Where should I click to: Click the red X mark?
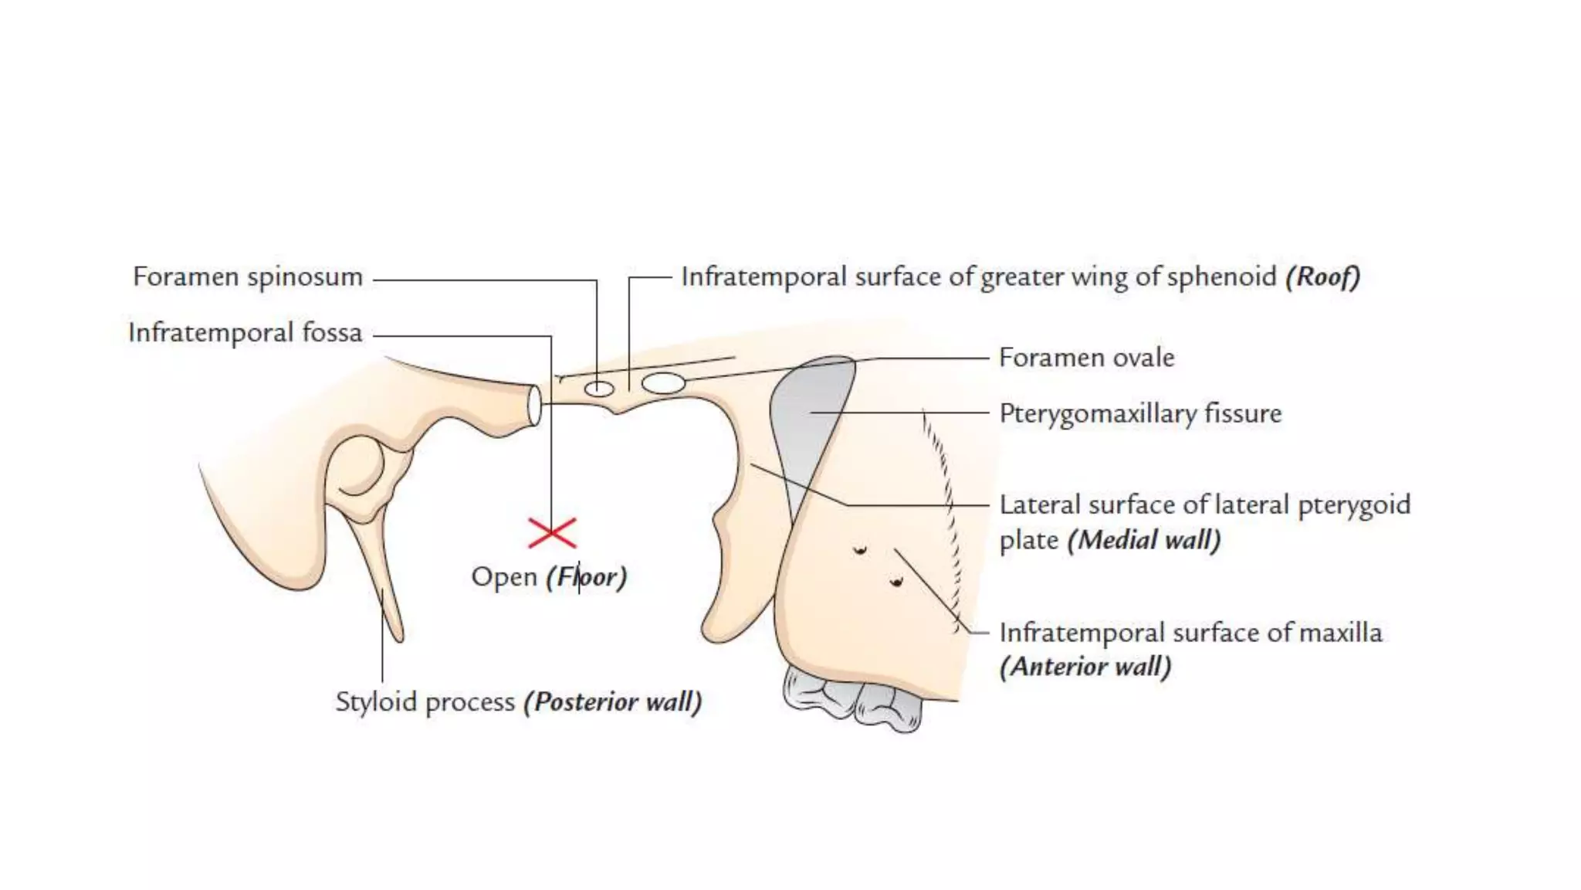(x=552, y=533)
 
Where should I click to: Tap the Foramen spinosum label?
(x=247, y=277)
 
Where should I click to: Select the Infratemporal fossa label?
(x=245, y=333)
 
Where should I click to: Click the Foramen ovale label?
(x=1086, y=358)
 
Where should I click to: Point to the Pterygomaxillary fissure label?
(x=1139, y=413)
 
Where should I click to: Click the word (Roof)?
(x=1322, y=277)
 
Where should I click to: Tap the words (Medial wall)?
(x=1144, y=539)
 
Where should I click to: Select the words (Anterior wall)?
(x=1085, y=666)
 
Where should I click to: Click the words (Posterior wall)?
(x=613, y=701)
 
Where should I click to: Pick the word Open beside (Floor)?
(x=504, y=577)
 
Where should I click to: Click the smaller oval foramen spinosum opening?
(x=598, y=389)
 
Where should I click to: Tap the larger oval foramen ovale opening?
(x=663, y=382)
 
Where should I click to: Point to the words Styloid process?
(x=425, y=701)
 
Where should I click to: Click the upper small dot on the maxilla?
(x=859, y=550)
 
